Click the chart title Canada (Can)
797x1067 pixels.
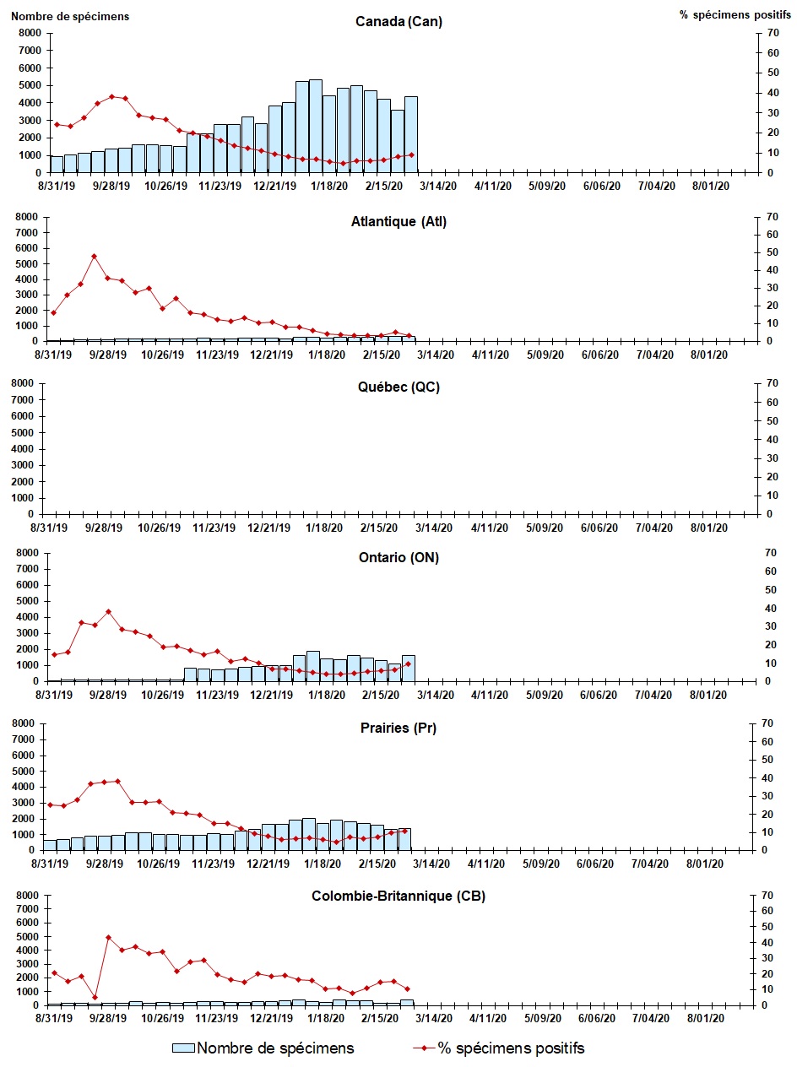[398, 22]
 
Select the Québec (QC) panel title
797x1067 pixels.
[398, 387]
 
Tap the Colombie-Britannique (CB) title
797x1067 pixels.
[398, 896]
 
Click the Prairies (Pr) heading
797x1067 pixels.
[398, 728]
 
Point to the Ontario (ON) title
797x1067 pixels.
[398, 557]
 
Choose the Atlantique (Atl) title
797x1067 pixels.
[398, 222]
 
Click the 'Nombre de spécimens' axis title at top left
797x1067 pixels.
[69, 16]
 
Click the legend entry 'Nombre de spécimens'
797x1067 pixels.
[274, 1048]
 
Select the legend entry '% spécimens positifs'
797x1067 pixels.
[511, 1048]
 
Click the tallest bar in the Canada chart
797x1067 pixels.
[316, 126]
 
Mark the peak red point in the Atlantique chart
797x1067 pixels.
[94, 256]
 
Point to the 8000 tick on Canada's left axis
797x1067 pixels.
[30, 33]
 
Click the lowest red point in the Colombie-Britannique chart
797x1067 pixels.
[95, 997]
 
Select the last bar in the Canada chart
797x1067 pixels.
[411, 134]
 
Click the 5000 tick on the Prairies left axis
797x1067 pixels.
[28, 772]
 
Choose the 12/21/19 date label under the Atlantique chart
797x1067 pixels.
[272, 355]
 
